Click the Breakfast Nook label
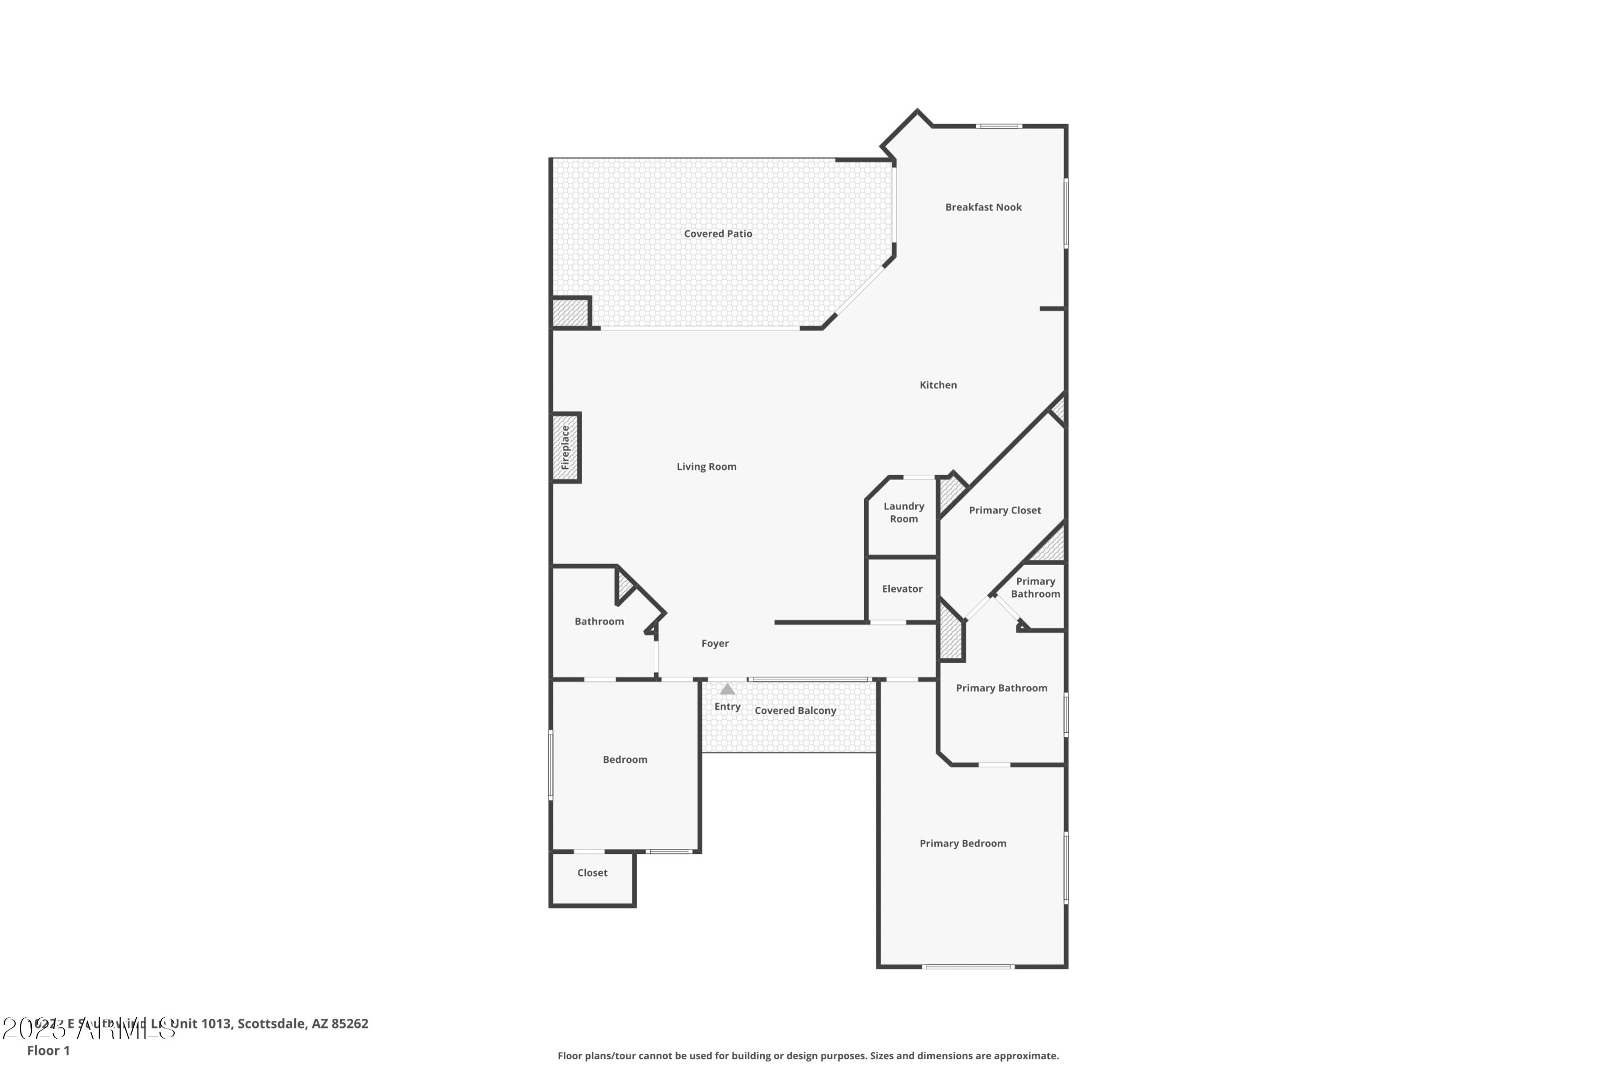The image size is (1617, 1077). pyautogui.click(x=983, y=207)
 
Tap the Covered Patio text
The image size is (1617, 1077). pyautogui.click(x=717, y=233)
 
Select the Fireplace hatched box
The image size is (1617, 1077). pyautogui.click(x=565, y=447)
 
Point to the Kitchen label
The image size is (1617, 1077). pyautogui.click(x=938, y=385)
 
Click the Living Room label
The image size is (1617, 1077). pyautogui.click(x=706, y=467)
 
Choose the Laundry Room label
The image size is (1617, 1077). pyautogui.click(x=903, y=512)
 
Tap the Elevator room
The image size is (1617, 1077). pyautogui.click(x=902, y=589)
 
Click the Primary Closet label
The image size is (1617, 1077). pyautogui.click(x=1004, y=510)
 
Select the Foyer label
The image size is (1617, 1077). pyautogui.click(x=715, y=643)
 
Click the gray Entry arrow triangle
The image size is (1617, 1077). pyautogui.click(x=727, y=689)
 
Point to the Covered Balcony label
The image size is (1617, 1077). pyautogui.click(x=795, y=710)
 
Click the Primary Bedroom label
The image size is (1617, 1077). pyautogui.click(x=962, y=843)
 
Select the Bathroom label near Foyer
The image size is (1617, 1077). pyautogui.click(x=598, y=621)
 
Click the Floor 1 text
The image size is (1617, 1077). pyautogui.click(x=48, y=1050)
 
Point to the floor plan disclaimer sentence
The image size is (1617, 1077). pyautogui.click(x=807, y=1055)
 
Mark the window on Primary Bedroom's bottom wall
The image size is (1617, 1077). pyautogui.click(x=968, y=967)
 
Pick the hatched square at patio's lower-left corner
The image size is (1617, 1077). pyautogui.click(x=570, y=313)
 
